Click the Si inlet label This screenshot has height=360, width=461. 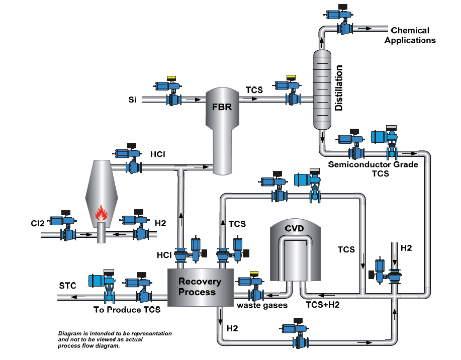pos(132,100)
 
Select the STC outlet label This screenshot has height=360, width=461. pos(67,286)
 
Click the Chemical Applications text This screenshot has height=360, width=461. pos(410,35)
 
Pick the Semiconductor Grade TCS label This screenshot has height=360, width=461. pos(373,168)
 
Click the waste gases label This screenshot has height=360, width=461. pos(262,305)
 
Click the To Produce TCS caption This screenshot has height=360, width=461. pos(127,310)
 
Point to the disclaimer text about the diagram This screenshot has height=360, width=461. pos(115,340)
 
